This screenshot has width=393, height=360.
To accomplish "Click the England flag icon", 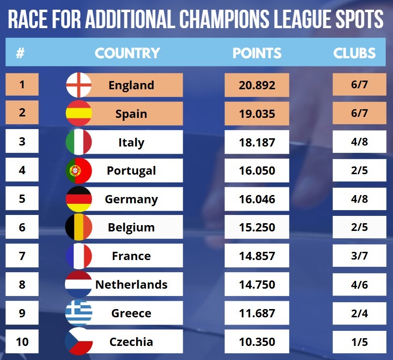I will (x=79, y=85).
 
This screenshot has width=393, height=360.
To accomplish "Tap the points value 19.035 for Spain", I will (x=257, y=114).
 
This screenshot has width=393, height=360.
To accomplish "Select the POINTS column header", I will (x=257, y=53).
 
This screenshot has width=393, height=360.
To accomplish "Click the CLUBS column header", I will (x=354, y=53).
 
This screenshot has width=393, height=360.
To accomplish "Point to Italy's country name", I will (x=131, y=143).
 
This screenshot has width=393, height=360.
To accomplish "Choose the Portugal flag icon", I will (x=79, y=171).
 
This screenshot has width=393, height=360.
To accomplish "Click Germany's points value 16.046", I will (x=257, y=199).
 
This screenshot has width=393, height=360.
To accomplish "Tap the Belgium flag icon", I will (x=79, y=228).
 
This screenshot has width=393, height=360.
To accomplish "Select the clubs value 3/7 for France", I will (x=359, y=256).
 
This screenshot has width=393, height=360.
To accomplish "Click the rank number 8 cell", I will (x=22, y=284).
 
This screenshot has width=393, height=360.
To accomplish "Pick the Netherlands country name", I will (x=131, y=285).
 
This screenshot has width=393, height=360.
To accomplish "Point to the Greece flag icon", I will (x=79, y=313).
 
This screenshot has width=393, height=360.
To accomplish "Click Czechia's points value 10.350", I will (x=257, y=342).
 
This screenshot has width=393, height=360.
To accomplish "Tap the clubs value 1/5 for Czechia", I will (x=359, y=342).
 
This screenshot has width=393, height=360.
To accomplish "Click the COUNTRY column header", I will (x=127, y=53).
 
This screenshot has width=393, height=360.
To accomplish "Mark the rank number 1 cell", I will (x=22, y=85).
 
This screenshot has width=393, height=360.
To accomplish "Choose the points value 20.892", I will (x=257, y=85).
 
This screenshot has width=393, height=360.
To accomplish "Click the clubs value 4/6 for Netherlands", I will (x=359, y=285).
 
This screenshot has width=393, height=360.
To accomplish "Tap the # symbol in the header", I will (x=20, y=53).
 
